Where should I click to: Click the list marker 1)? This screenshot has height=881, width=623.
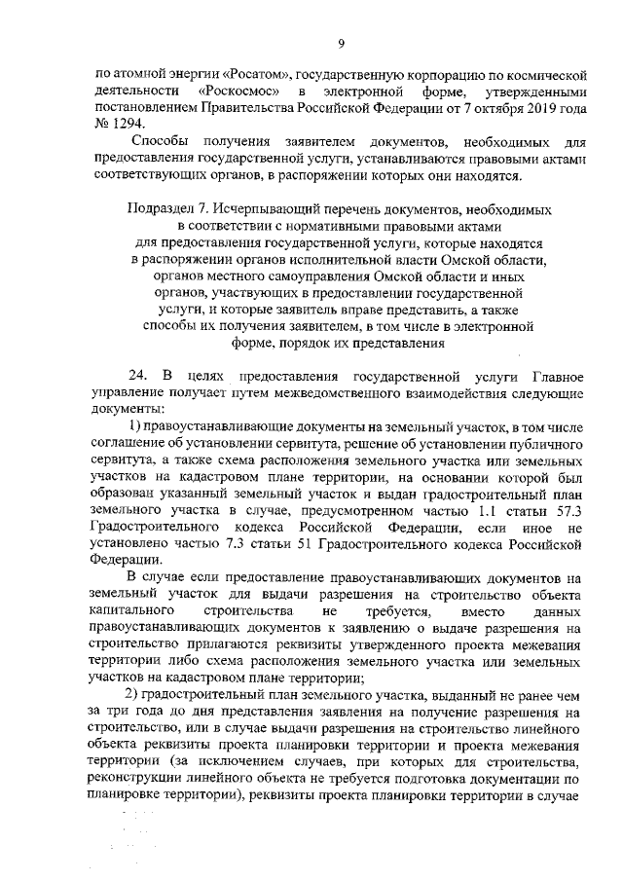[135, 428]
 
